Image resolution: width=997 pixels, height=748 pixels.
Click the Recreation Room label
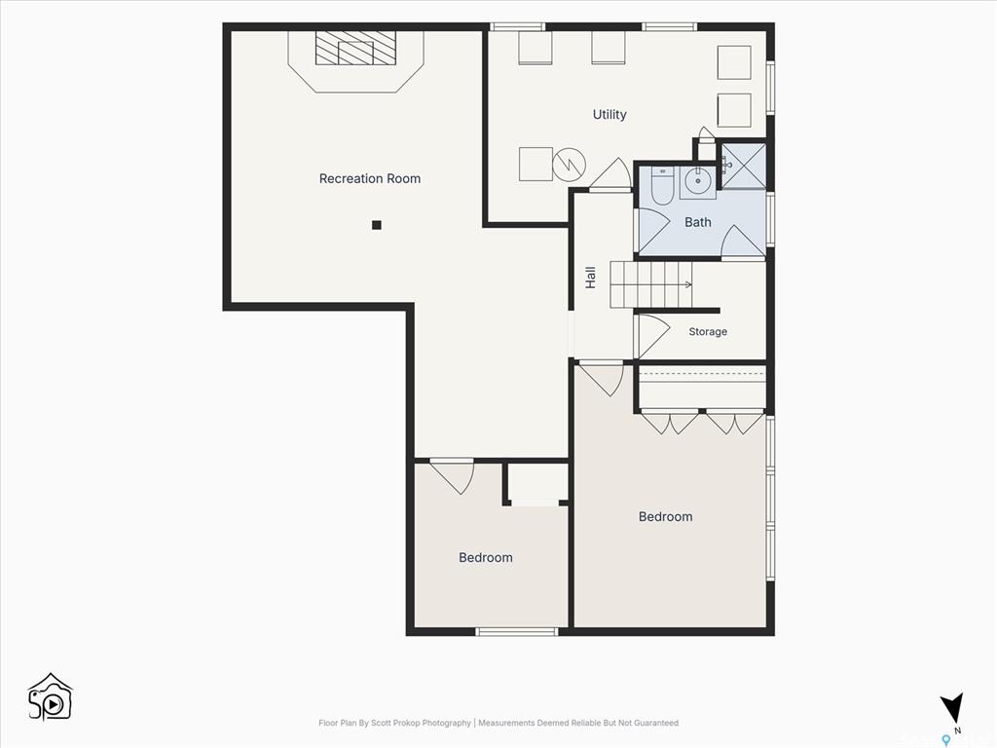point(369,179)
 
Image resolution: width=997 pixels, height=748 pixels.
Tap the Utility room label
point(609,115)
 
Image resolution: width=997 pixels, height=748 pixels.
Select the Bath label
point(697,222)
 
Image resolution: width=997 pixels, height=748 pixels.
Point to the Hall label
point(591,278)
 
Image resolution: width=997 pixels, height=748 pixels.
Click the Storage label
point(708,331)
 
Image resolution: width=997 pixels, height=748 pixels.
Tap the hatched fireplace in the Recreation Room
point(355,48)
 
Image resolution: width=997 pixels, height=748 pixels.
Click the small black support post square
point(377,225)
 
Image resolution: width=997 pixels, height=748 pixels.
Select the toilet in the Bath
point(662,186)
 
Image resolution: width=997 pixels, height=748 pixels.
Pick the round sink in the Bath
point(698,182)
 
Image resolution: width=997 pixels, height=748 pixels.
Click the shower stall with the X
point(743,166)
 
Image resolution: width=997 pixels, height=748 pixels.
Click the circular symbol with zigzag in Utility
point(568,165)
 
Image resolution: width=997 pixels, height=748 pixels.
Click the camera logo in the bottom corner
point(51,697)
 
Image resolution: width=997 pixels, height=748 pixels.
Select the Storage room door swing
point(653,335)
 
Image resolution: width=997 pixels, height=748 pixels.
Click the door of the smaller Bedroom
point(452,475)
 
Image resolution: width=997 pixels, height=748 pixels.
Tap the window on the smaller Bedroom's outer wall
point(517,631)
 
